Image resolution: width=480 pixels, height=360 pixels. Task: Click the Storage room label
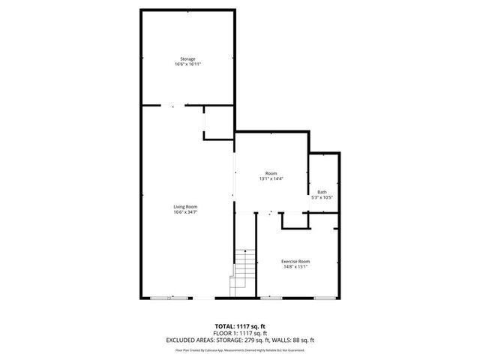[187, 58]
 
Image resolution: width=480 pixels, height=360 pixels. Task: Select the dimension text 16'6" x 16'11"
[187, 64]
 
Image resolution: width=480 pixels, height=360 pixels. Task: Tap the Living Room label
[185, 206]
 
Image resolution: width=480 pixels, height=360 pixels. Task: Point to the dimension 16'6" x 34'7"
[185, 212]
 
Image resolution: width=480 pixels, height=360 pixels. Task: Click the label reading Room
[271, 173]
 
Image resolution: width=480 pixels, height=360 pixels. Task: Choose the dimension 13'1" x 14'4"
[271, 179]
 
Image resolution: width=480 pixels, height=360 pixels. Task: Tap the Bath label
[322, 192]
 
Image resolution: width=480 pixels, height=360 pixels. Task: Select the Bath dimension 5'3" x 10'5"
[322, 198]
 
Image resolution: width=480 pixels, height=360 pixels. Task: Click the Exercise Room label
[295, 261]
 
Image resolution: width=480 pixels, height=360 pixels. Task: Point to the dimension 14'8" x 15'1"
[295, 267]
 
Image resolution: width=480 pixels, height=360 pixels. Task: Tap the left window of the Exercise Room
[271, 298]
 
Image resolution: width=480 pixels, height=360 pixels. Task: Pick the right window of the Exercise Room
[324, 298]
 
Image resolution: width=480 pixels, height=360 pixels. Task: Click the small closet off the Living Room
[218, 123]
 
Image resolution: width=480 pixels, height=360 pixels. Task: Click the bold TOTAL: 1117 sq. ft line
[239, 326]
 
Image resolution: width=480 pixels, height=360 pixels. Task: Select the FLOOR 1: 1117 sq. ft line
[239, 333]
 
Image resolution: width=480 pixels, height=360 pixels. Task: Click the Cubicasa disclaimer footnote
[239, 349]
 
